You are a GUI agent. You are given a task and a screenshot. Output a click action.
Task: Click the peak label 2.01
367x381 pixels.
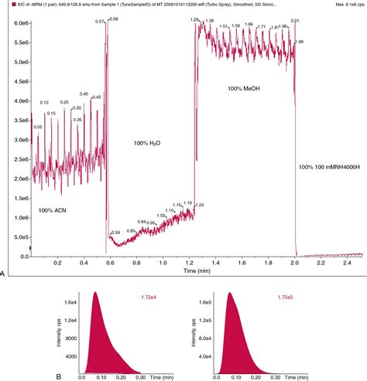pos(294,19)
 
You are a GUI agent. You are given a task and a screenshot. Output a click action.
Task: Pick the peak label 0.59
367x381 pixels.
pos(115,233)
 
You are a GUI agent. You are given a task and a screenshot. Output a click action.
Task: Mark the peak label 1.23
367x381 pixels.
pos(199,205)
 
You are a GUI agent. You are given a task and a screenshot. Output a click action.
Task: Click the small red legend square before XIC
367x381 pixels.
pos(5,5)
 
